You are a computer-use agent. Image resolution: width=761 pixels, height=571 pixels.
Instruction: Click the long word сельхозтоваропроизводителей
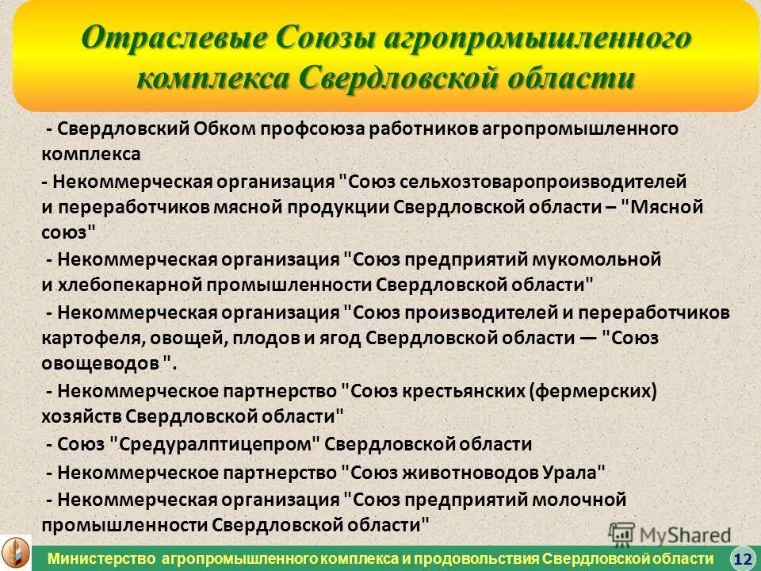543,182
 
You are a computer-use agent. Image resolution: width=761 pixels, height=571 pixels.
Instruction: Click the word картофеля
86,338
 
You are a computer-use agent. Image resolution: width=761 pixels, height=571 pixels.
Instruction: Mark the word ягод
341,338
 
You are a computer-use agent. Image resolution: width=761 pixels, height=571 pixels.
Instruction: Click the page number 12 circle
742,558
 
